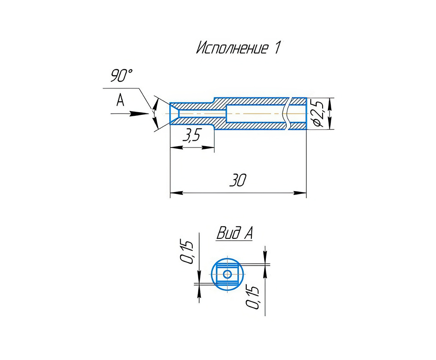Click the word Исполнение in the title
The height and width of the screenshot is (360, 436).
coord(232,48)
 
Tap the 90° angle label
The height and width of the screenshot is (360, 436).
coord(122,75)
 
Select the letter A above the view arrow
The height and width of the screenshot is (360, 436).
coord(120,100)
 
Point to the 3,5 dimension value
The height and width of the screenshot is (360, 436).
coord(191,135)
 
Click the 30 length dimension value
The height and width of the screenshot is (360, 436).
coord(238,180)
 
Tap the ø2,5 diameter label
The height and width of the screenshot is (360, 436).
coord(318,113)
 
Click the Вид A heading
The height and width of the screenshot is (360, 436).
coord(235,233)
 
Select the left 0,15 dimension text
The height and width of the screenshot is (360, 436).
coord(186,252)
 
